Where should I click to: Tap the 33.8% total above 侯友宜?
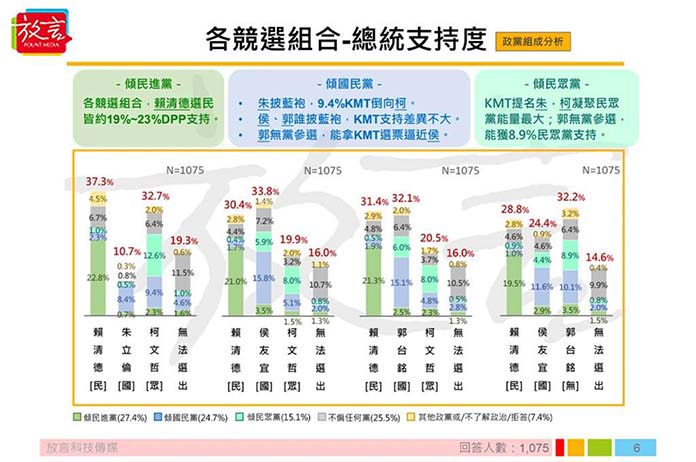(264, 191)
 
